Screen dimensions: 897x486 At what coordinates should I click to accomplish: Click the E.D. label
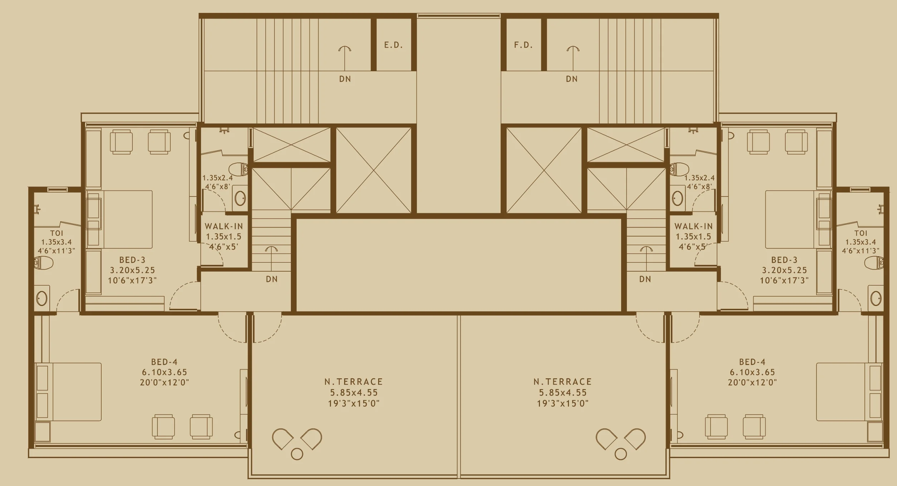point(393,45)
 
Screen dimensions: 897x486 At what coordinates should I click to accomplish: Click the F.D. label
point(523,45)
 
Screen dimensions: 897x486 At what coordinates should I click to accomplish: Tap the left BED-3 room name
point(132,260)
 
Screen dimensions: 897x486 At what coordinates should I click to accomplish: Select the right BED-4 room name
point(752,362)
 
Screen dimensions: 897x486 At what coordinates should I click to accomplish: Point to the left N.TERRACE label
point(354,382)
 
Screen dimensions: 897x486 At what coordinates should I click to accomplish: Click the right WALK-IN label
point(693,226)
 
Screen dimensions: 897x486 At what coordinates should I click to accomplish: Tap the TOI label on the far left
point(57,233)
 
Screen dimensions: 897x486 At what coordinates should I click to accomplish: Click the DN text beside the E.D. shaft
point(345,79)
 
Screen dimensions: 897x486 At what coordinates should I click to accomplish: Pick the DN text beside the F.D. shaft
point(572,79)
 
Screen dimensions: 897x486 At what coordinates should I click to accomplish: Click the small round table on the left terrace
point(297,454)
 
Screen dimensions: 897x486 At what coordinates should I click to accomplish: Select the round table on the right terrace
point(621,454)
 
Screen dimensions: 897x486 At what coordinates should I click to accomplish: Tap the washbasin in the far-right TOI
point(876,298)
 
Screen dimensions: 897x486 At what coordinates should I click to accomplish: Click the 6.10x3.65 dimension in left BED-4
point(165,372)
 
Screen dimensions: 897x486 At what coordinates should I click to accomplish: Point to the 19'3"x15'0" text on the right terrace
point(562,404)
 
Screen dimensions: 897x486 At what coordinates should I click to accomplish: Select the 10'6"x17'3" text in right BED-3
point(784,280)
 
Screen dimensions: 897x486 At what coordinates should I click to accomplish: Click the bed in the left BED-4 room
point(68,392)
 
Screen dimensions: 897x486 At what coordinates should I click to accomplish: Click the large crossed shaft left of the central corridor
point(374,170)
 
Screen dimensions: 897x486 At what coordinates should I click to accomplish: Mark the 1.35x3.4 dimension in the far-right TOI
point(861,242)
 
